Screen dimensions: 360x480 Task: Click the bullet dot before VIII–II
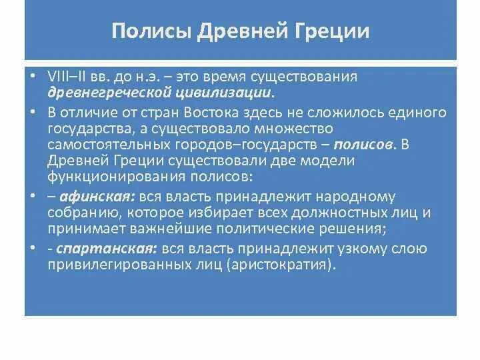(33, 76)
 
